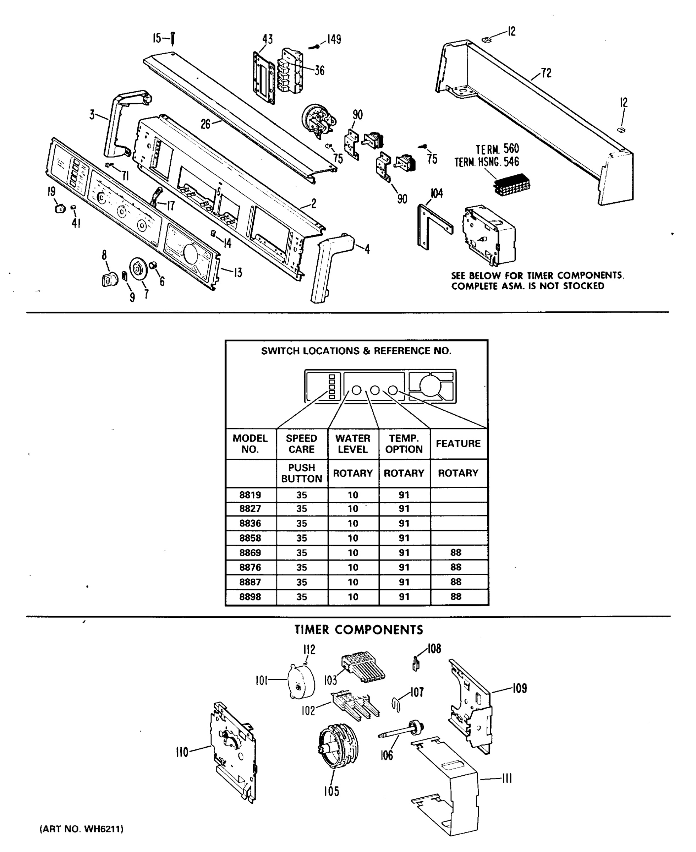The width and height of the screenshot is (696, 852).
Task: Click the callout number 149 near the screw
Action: (x=334, y=39)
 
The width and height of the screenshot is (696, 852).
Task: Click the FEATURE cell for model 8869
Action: (x=456, y=552)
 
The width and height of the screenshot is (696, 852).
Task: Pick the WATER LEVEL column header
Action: (x=353, y=444)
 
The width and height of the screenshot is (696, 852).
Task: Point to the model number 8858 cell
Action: (x=250, y=538)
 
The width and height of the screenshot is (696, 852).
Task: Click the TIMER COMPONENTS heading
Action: (x=358, y=630)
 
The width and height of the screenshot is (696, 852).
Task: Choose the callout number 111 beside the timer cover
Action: (x=507, y=779)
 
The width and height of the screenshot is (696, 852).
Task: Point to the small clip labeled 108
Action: (x=416, y=664)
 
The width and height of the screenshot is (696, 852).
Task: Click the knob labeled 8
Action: (x=109, y=279)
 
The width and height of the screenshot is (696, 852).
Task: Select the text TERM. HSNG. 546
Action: (x=486, y=162)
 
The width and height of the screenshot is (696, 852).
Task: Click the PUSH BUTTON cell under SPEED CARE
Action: (x=301, y=473)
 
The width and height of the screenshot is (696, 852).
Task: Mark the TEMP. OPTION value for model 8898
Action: (x=404, y=597)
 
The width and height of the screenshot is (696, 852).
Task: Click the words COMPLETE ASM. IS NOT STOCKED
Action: (x=528, y=286)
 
